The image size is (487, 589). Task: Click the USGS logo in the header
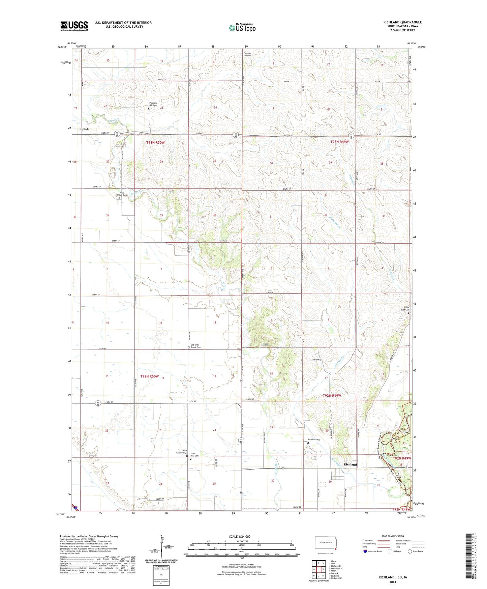74,26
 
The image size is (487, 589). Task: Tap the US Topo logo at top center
242,28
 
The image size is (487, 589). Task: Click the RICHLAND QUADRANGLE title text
402,22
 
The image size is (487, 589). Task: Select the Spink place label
85,129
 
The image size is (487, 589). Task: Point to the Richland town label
350,465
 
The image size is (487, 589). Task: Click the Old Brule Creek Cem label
196,346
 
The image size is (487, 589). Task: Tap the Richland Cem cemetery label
313,440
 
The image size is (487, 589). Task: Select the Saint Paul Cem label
194,455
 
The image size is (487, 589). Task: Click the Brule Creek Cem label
122,194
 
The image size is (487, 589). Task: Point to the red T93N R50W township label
155,143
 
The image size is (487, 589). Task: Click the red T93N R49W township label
339,142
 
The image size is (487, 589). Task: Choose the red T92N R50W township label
149,376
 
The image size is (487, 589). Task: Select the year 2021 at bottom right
392,582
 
